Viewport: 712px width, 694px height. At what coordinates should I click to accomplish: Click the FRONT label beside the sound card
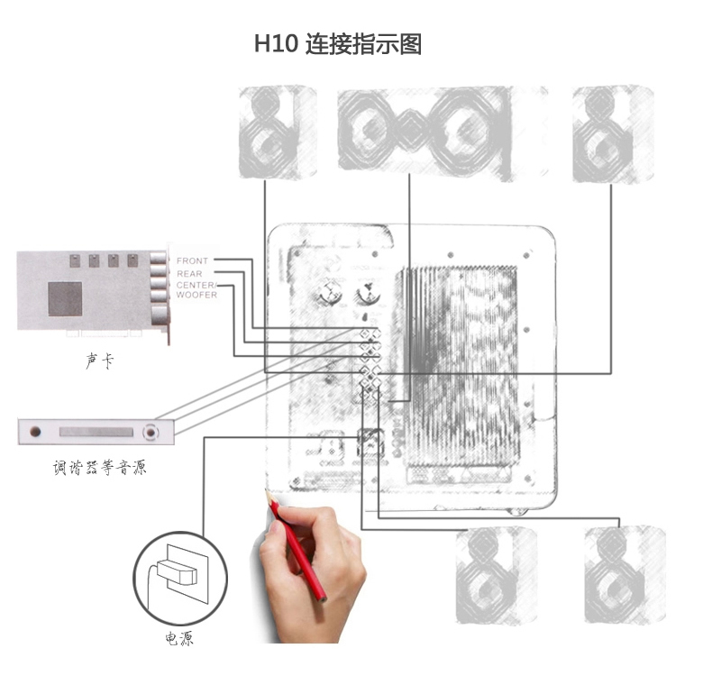pos(192,261)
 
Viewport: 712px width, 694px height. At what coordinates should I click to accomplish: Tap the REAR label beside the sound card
pos(189,273)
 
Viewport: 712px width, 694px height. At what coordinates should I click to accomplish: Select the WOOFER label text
pos(196,296)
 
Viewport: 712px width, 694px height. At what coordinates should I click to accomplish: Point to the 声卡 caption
pos(99,361)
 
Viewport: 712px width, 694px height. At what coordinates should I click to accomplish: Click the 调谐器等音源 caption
pos(99,468)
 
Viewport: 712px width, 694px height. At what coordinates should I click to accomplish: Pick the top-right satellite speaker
pos(612,133)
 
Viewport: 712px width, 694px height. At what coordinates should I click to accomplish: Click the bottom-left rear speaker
pos(496,576)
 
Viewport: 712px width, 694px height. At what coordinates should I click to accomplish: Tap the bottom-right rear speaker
pos(625,574)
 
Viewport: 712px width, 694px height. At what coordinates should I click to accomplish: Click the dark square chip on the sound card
pos(65,298)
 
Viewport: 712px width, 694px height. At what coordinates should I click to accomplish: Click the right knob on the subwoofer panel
pos(367,294)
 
